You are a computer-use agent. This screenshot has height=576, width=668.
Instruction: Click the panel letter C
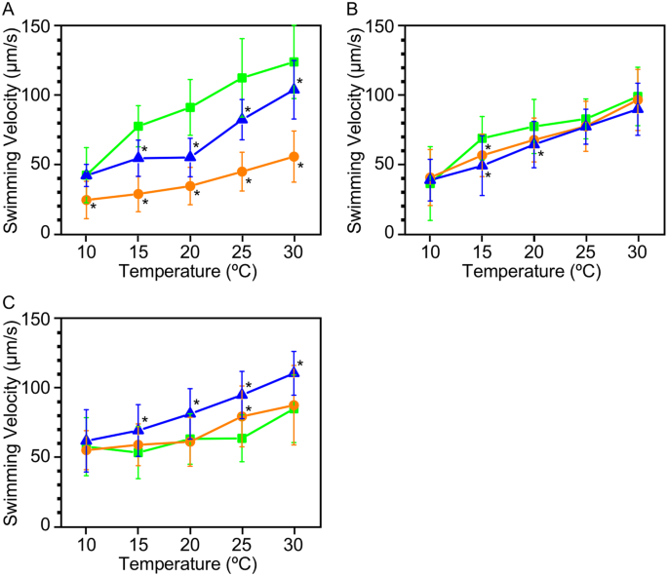[9, 302]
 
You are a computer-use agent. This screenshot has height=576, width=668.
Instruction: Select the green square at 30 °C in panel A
[295, 62]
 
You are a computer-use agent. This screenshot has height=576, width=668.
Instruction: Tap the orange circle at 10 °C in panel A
[86, 200]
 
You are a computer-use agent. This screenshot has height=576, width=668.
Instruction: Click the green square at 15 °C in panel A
[138, 126]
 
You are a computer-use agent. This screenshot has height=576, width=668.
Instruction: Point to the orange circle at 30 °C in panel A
[295, 157]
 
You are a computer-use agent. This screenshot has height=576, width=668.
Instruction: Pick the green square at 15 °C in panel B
[482, 138]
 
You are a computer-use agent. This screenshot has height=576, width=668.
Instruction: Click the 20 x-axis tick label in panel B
[533, 251]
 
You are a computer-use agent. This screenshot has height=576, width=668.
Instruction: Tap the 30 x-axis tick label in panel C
[295, 543]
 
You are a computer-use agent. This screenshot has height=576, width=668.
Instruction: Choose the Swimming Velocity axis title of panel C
[13, 422]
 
